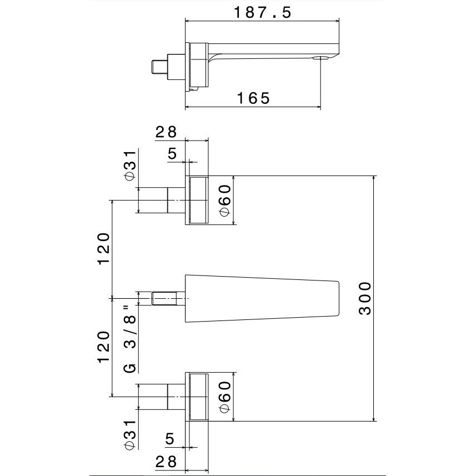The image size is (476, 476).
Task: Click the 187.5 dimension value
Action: coord(262,13)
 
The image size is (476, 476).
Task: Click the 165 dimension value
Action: coord(253,98)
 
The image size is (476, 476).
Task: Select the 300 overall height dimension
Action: coord(364,299)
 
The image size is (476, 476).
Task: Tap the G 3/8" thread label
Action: coord(129,339)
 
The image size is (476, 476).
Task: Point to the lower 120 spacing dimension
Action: coord(104,347)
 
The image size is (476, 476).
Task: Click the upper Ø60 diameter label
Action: coord(224,201)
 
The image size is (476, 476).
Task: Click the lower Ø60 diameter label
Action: coord(224,397)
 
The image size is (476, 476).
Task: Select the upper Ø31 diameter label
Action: coord(129,164)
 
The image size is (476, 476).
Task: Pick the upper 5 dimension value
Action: coord(172,154)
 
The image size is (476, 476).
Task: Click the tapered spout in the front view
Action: coord(261,299)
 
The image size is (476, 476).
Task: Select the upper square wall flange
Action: coord(198,200)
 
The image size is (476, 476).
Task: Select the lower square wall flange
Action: coord(198,396)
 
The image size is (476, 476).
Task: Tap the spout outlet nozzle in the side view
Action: coord(320,57)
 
